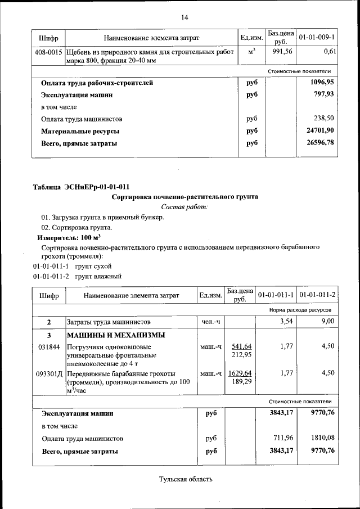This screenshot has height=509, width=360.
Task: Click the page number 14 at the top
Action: pyautogui.click(x=184, y=17)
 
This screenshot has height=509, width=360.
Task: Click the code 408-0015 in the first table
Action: pyautogui.click(x=49, y=52)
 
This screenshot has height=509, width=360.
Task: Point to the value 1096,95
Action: pyautogui.click(x=323, y=83)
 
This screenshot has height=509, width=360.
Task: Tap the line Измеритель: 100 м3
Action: pyautogui.click(x=65, y=238)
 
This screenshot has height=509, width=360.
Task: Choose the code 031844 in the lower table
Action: pyautogui.click(x=48, y=346)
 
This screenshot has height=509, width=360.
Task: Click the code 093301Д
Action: pyautogui.click(x=49, y=373)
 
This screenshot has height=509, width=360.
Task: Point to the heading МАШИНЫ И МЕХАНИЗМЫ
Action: pyautogui.click(x=116, y=335)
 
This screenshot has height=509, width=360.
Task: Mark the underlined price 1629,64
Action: pyautogui.click(x=240, y=373)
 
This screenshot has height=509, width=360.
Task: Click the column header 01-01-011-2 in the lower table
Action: pyautogui.click(x=317, y=295)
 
